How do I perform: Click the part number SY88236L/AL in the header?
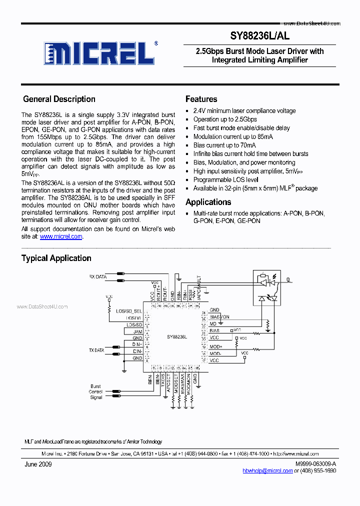259,36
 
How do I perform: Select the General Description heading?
59,99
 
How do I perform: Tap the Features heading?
201,99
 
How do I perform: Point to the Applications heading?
208,202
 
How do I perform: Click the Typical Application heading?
56,258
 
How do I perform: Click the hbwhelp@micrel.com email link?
267,470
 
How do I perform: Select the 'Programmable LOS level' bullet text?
225,179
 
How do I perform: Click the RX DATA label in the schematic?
97,276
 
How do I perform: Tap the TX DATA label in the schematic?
96,350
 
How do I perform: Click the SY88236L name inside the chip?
177,337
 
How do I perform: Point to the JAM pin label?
138,331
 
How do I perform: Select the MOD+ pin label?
215,346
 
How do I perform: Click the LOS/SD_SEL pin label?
129,311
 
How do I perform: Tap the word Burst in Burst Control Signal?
95,386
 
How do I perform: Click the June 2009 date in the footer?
38,464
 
